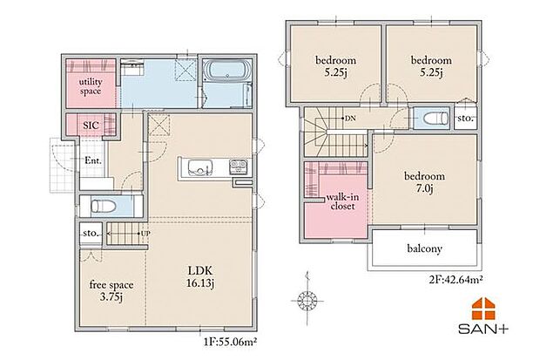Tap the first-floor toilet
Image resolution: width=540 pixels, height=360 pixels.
[104, 207]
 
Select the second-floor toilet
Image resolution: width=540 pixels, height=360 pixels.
[436, 119]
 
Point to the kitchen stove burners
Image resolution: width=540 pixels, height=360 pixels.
[238, 167]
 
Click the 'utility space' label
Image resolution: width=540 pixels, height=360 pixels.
[91, 86]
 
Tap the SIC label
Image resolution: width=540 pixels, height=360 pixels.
[91, 126]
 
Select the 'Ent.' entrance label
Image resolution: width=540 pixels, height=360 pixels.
[93, 160]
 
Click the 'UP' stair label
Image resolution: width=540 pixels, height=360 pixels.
[146, 234]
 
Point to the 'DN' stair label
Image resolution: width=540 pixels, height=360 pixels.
[350, 119]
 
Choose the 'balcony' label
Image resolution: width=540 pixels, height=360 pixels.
[424, 248]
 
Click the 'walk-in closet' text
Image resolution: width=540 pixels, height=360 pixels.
[342, 201]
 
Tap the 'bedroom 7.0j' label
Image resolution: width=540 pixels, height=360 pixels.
[424, 182]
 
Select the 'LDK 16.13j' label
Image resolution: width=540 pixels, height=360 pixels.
[200, 276]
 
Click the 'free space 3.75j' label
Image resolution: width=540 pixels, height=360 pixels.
[111, 290]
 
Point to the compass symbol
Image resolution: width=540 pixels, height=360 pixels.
[307, 299]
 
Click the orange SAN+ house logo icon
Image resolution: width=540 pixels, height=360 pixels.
[483, 309]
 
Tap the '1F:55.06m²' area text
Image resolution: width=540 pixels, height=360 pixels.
[231, 342]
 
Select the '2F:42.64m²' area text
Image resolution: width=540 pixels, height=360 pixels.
[456, 279]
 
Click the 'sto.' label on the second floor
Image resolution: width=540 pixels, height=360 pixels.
[466, 119]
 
